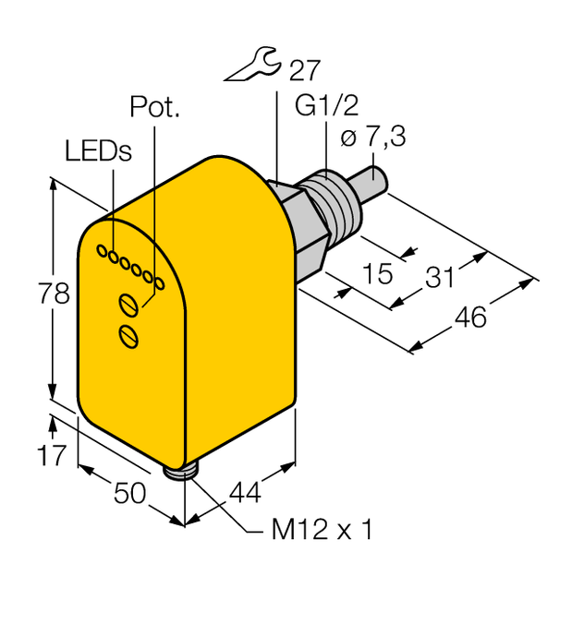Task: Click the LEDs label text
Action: click(98, 150)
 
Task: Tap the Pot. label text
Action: click(154, 108)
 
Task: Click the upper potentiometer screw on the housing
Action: click(129, 304)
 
